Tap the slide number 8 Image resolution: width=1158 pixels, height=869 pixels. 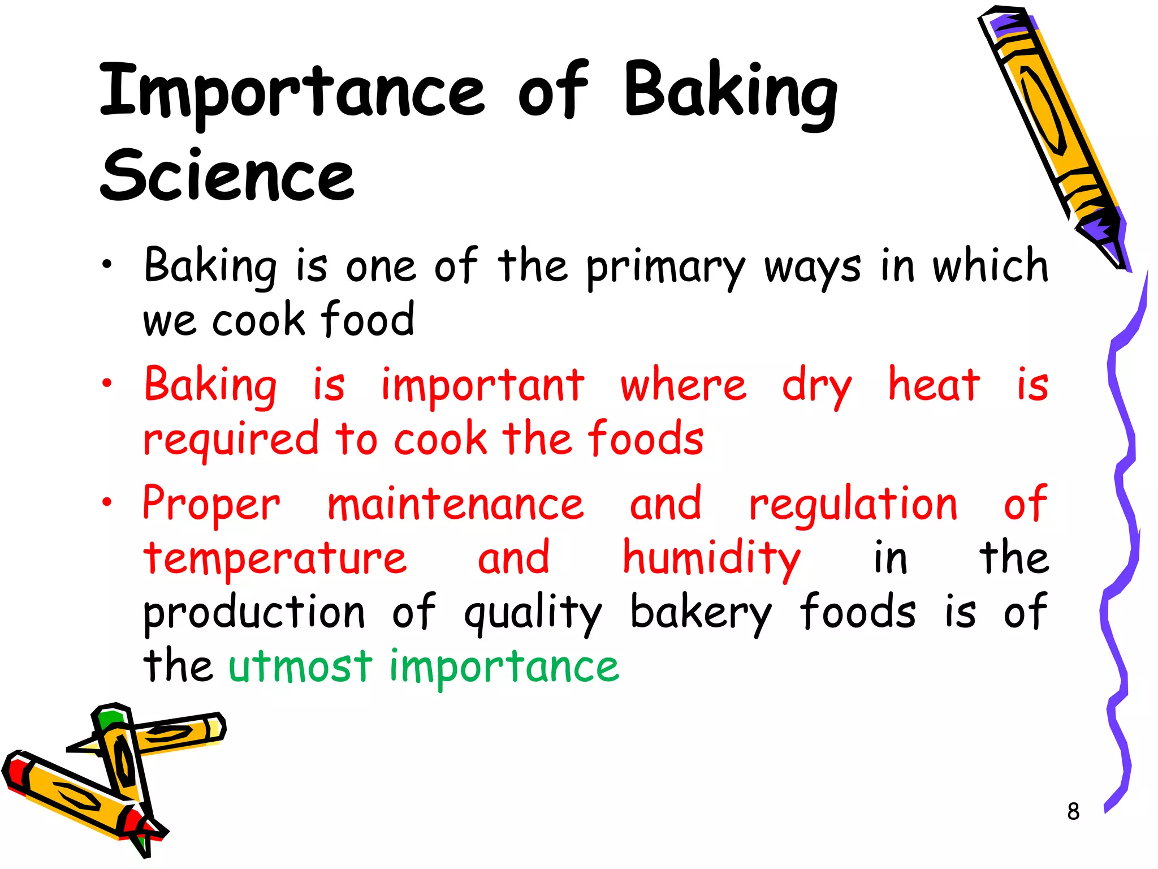pos(1073,811)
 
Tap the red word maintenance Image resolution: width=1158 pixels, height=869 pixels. pos(456,504)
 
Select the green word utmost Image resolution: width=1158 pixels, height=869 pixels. pos(300,666)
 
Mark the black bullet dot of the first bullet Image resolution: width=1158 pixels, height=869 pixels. pos(107,264)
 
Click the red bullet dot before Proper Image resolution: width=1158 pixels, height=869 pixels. pos(107,501)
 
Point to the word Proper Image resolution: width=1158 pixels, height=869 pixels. pos(211,504)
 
